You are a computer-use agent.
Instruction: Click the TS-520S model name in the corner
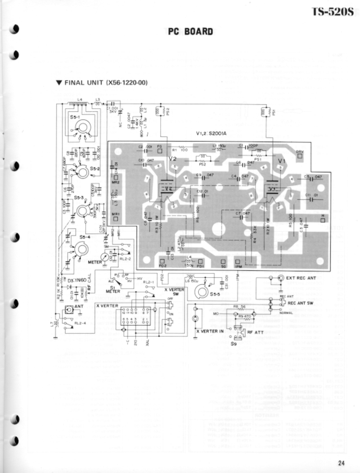point(333,12)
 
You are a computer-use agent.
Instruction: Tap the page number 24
point(341,463)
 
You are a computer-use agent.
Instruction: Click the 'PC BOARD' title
point(190,31)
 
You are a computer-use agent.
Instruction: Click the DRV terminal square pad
point(300,156)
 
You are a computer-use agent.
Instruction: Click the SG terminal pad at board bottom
point(223,262)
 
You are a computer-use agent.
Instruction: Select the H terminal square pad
point(323,220)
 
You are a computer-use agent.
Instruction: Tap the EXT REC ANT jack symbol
point(281,278)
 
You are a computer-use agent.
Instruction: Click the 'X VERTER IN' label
point(210,331)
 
